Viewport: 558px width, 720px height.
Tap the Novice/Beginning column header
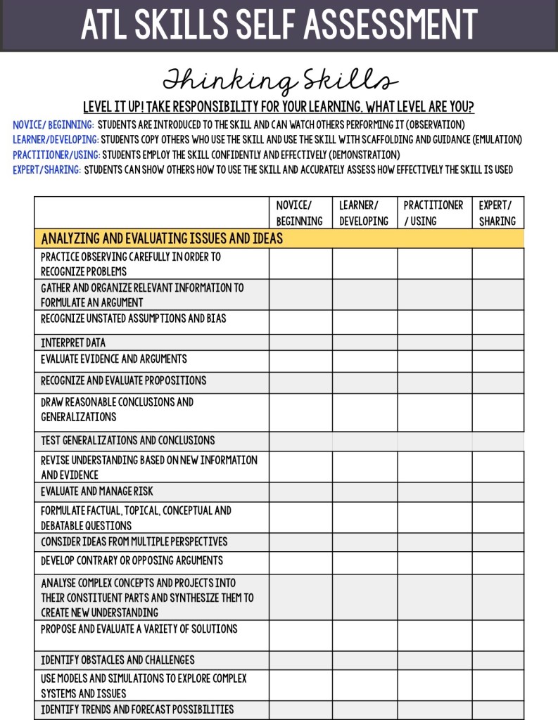pos(300,213)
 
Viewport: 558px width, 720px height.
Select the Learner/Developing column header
pos(364,213)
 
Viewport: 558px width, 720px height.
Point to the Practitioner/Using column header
pos(434,213)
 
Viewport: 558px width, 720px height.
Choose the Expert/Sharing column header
pos(497,213)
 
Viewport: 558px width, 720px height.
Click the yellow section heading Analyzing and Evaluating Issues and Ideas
pos(162,238)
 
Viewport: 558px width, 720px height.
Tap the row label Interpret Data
pos(73,343)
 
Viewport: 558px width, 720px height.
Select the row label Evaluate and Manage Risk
pos(97,491)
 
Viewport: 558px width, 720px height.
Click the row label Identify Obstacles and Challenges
pos(118,660)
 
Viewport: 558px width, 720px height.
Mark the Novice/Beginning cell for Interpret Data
pos(300,343)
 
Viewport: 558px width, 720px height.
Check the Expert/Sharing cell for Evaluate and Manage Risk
pos(497,491)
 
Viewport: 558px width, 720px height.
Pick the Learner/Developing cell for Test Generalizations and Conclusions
pos(364,441)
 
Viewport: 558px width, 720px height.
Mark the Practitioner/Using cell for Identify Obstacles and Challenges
pos(434,660)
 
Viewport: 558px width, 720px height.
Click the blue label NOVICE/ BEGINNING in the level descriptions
pos(53,125)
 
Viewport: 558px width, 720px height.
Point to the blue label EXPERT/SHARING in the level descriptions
pos(47,170)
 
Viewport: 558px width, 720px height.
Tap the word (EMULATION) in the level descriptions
pos(496,140)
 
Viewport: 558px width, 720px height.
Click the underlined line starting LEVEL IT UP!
pos(279,108)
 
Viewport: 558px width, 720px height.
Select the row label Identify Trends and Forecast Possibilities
pos(137,709)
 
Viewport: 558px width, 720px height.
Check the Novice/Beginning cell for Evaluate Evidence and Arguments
pos(300,361)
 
